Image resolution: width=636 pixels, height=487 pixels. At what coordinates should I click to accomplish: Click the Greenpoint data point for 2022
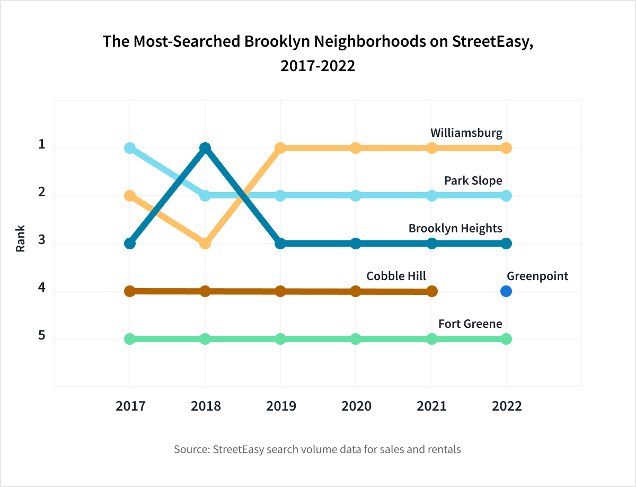click(x=506, y=291)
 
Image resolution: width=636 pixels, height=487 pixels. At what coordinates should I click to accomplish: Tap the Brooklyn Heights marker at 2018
click(x=205, y=148)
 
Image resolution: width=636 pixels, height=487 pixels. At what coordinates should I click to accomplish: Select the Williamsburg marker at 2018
click(x=205, y=243)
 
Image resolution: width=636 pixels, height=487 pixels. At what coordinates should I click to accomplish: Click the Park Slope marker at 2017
click(x=130, y=148)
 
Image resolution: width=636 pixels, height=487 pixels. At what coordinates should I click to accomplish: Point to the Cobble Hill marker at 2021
click(x=432, y=291)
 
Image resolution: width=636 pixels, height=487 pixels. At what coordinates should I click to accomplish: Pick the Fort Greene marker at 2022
click(x=506, y=339)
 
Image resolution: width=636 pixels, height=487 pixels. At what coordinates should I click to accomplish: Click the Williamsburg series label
click(x=466, y=133)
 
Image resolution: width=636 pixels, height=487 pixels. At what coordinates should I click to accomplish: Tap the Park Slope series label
click(x=473, y=180)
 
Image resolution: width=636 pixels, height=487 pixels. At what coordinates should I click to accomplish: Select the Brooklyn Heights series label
click(x=455, y=228)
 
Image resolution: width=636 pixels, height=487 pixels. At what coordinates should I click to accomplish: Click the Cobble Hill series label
click(x=396, y=276)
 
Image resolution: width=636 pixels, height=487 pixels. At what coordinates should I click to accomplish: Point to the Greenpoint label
click(x=537, y=276)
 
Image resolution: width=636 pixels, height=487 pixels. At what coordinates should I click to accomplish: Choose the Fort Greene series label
click(x=470, y=324)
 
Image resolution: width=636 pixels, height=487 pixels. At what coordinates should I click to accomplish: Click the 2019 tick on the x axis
click(x=281, y=406)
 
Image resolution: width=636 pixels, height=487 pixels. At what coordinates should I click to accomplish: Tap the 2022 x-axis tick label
click(x=506, y=406)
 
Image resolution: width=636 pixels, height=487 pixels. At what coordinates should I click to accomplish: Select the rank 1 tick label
click(x=42, y=145)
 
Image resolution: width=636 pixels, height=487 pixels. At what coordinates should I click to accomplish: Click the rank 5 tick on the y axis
click(x=42, y=336)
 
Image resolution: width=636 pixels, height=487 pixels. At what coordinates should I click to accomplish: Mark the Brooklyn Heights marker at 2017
click(x=130, y=243)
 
